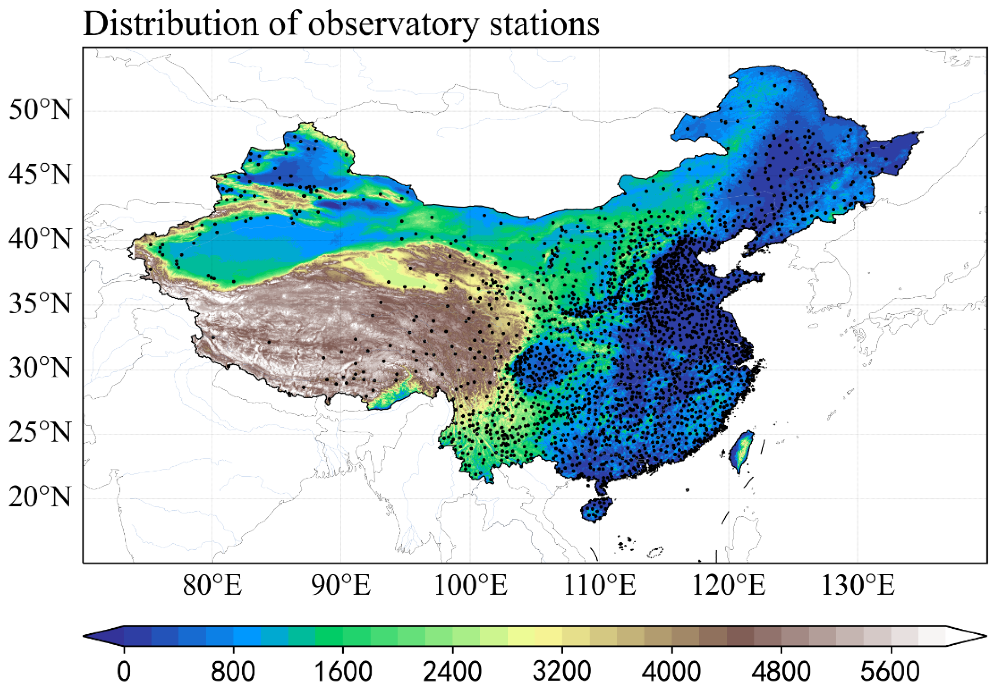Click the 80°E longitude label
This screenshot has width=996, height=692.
pos(212,585)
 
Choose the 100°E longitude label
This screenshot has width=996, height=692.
pos(471,585)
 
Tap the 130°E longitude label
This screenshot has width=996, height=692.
pos(858,585)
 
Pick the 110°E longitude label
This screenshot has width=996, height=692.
pos(600,585)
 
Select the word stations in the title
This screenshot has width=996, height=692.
pos(544,24)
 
